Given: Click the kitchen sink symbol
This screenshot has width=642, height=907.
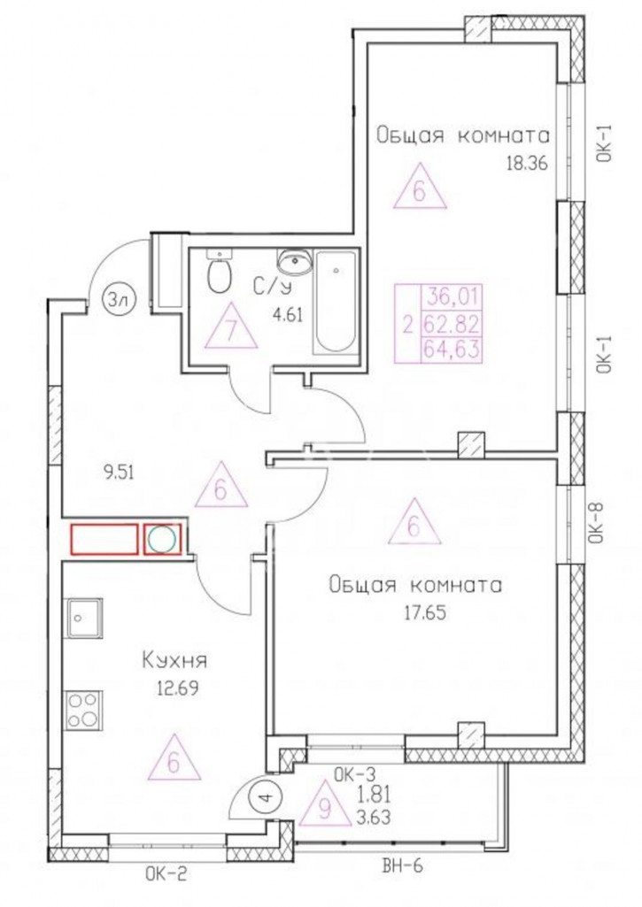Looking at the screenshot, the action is [85, 619].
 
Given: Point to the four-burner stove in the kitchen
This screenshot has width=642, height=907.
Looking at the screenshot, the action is [85, 711].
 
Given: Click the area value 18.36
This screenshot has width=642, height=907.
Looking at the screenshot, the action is [526, 163].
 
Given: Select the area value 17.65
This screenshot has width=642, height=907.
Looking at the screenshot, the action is [425, 612].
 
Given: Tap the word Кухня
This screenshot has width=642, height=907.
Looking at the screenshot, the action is [174, 660].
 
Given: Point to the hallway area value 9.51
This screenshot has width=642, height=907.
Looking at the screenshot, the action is [117, 471].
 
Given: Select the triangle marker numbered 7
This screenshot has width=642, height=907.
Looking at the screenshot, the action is [232, 327].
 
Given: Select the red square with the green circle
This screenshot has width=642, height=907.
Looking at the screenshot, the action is [162, 540].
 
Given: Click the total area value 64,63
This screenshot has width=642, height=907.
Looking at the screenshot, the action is [452, 350].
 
